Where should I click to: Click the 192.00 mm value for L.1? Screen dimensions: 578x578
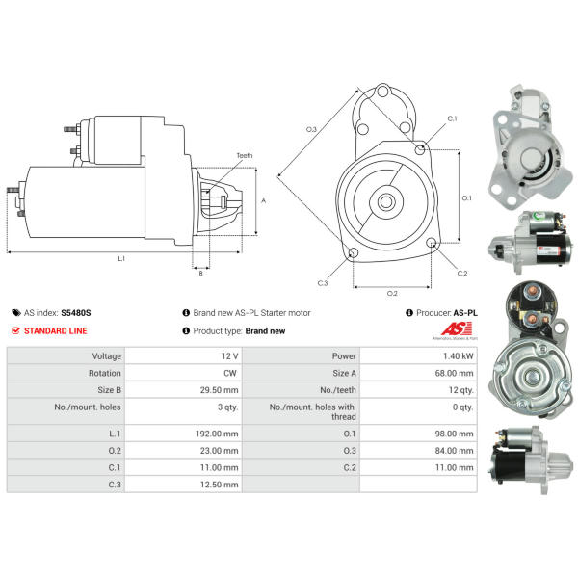(217, 433)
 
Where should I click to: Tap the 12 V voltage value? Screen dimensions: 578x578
(228, 355)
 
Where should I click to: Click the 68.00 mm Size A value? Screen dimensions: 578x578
(455, 374)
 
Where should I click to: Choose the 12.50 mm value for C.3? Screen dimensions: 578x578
(217, 485)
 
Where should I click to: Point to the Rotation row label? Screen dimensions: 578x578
(103, 374)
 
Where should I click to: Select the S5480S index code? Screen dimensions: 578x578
(75, 313)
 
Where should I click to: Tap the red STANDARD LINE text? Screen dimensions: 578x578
(55, 330)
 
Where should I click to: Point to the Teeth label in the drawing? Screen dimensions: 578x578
(245, 156)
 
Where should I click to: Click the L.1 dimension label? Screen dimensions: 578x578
(121, 258)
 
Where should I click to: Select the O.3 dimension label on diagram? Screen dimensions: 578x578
(311, 128)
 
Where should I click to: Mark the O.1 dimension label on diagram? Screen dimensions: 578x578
(466, 197)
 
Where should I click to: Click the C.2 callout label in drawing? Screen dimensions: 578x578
(461, 273)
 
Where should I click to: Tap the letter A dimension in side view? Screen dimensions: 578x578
(264, 200)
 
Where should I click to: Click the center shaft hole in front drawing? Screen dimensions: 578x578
(387, 202)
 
